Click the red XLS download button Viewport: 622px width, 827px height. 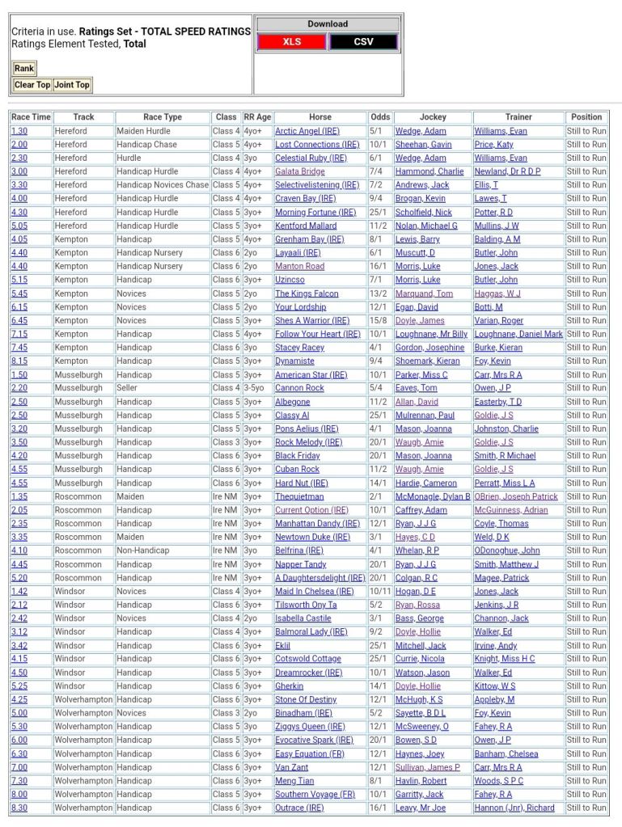[292, 42]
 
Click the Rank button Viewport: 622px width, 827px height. [24, 69]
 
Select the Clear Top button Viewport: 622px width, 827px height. [32, 85]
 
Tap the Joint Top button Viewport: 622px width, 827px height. [72, 85]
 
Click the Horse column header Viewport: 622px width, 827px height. [320, 117]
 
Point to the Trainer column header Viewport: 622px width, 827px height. [518, 117]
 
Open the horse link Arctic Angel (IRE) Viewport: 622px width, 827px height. [307, 131]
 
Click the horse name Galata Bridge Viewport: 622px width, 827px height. [300, 171]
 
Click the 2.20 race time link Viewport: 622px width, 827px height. [19, 388]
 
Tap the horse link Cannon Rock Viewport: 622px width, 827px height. [298, 388]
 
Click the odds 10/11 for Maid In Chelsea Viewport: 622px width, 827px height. [379, 592]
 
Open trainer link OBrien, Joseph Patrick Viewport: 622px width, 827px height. [516, 496]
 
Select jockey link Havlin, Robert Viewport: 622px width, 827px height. [421, 781]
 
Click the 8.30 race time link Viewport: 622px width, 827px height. [19, 808]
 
